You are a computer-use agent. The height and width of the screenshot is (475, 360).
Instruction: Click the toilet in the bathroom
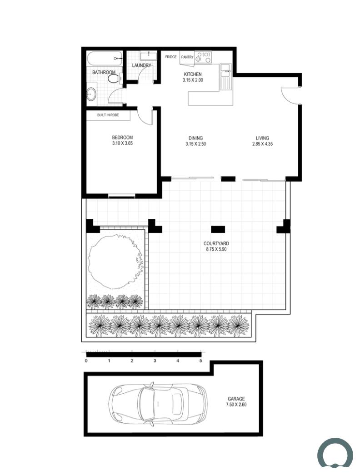tap(115, 79)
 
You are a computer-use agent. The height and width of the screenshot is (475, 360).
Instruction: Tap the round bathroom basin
tap(91, 94)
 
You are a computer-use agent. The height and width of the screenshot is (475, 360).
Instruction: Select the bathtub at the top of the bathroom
tap(105, 58)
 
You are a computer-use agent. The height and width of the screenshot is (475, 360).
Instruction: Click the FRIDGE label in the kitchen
tap(171, 57)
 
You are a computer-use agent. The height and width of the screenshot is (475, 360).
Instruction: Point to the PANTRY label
tap(187, 57)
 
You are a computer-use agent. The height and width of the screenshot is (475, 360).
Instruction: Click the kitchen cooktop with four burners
tap(203, 57)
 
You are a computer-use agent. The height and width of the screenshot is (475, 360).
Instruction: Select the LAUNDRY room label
tap(142, 65)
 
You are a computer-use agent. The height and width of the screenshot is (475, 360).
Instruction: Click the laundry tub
tap(148, 56)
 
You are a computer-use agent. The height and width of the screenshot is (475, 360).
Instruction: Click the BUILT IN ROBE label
tap(108, 115)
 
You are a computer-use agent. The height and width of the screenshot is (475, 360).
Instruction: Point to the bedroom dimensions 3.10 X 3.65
tap(122, 143)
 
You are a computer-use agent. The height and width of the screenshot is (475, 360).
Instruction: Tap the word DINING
tap(195, 138)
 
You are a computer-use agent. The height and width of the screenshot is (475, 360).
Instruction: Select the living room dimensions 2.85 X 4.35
tap(262, 144)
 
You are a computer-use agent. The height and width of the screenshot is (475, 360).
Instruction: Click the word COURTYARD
tap(216, 243)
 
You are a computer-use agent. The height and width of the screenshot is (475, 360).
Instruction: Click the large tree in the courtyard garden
tap(115, 262)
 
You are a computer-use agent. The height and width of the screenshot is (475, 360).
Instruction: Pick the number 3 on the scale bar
tap(155, 361)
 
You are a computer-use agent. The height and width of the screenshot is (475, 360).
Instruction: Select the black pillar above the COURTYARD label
tap(218, 229)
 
